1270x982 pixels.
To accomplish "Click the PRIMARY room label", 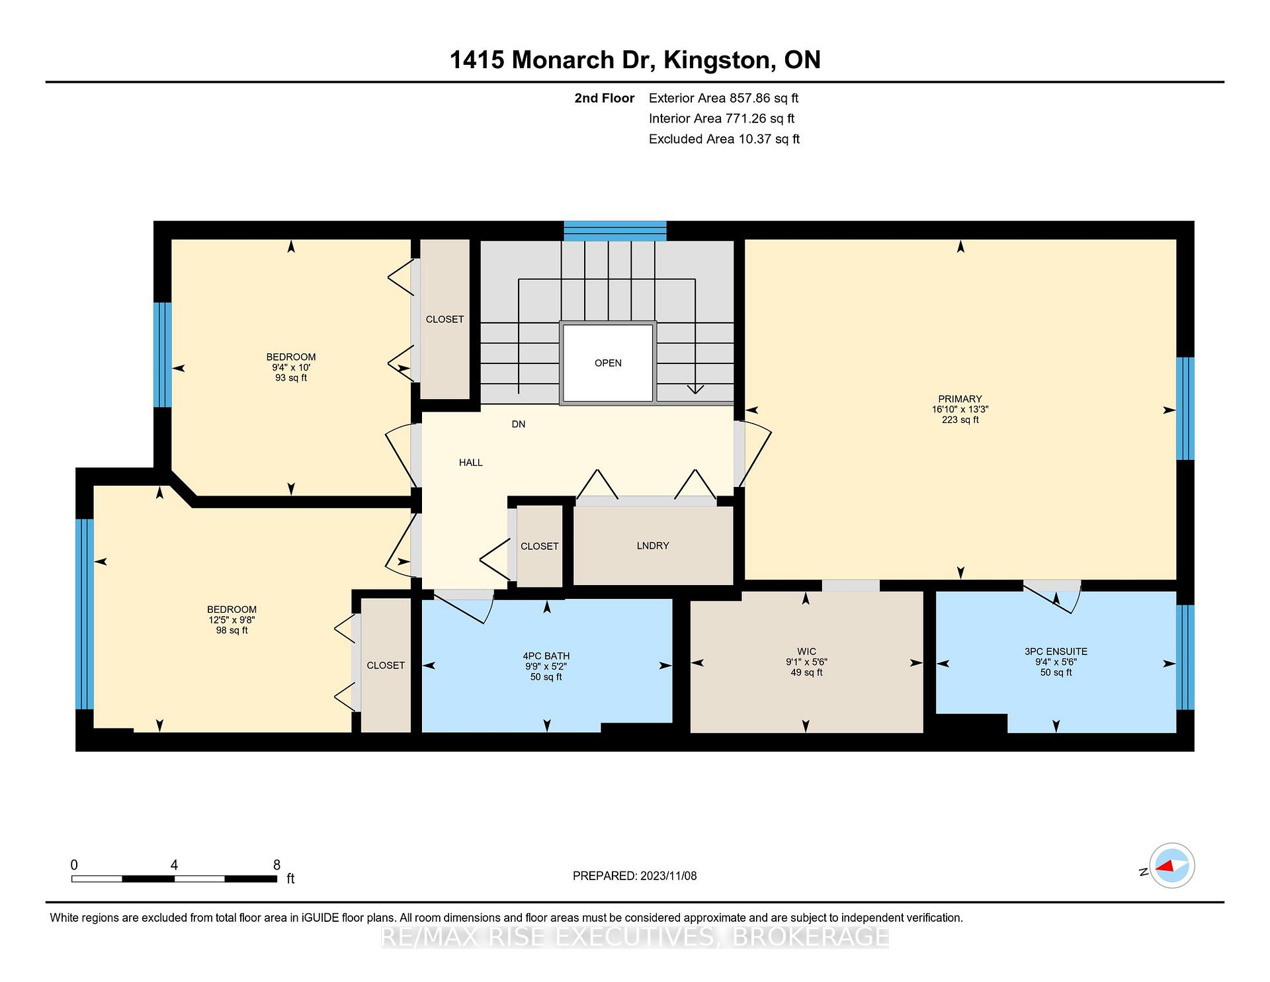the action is coord(960,399).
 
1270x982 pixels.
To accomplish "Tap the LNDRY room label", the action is coord(653,546).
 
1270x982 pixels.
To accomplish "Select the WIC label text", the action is coord(806,652).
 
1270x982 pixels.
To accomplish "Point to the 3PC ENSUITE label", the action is coord(1056,652).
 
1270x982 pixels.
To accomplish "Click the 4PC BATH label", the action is coord(546,656).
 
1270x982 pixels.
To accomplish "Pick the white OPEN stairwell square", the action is coord(608,363).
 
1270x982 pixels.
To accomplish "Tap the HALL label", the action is coord(471,463).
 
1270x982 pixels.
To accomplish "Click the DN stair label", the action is coord(519,424).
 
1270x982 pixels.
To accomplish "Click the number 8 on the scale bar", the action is coord(276,865).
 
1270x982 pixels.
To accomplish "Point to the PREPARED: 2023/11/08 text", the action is coord(635,876).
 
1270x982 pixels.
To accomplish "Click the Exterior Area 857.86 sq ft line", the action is coord(724,99).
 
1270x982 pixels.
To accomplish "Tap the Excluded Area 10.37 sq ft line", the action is coord(724,139).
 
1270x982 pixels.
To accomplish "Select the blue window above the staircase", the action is coord(615,231).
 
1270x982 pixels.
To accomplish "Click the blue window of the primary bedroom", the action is coord(1185,408).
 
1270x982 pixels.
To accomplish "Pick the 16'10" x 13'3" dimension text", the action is coord(960,410).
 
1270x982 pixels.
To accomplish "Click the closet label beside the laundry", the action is coord(540,547).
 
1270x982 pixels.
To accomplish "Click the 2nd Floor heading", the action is coord(605,99).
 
